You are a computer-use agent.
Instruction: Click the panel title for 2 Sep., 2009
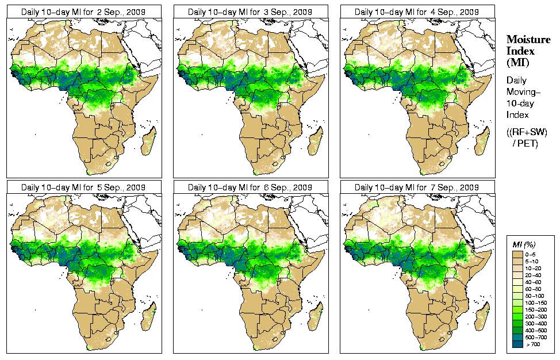tap(84, 12)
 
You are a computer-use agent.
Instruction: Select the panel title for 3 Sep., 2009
tap(251, 12)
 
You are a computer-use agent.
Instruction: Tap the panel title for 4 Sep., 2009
tap(417, 12)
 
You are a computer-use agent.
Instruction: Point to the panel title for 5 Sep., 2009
tap(84, 187)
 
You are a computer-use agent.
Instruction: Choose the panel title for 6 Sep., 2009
tap(251, 187)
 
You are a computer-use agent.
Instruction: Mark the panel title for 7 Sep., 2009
tap(417, 187)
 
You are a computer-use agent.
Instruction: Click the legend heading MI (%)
tap(523, 244)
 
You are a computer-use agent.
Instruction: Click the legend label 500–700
tap(536, 336)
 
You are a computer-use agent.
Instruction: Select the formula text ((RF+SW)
tap(527, 132)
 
